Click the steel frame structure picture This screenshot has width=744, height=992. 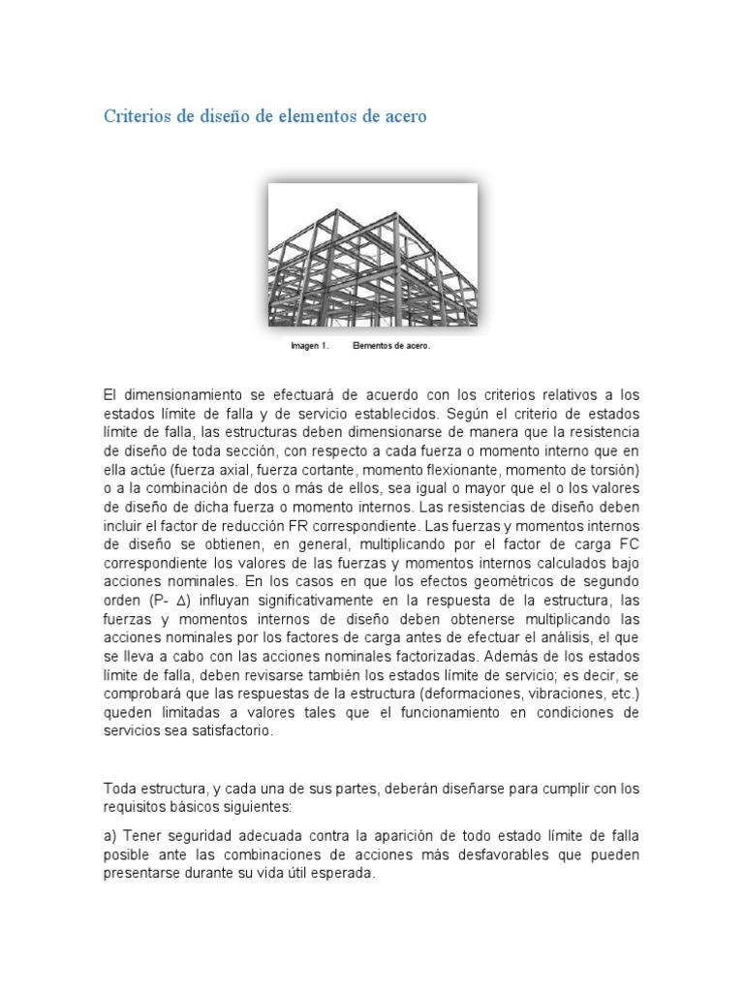click(x=372, y=255)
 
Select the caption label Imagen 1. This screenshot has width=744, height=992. click(x=310, y=345)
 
